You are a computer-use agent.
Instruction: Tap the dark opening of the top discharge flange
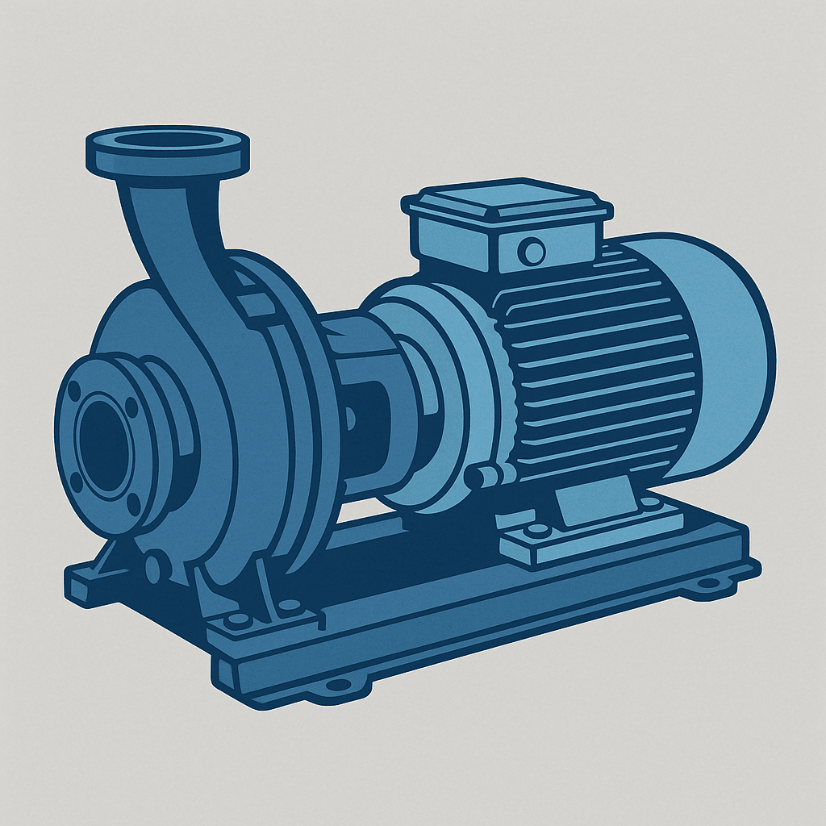coord(167,140)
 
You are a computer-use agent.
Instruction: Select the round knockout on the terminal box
coord(532,251)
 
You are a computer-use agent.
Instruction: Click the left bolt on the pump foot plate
coord(236,619)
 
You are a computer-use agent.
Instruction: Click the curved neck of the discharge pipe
coord(173,234)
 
